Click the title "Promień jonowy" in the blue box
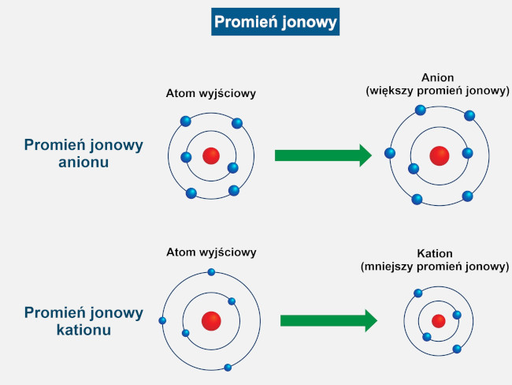(x=275, y=21)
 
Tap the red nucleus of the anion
(x=439, y=155)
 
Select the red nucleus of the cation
(x=439, y=320)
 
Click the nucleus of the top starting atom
(x=211, y=155)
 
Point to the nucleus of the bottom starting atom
(x=211, y=320)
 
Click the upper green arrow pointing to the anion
(x=322, y=155)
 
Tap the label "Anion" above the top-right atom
(x=438, y=78)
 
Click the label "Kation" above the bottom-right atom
(x=435, y=254)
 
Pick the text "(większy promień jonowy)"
(x=438, y=91)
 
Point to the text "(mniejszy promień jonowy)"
(x=435, y=267)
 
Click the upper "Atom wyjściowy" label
(x=210, y=93)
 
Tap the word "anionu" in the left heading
(x=83, y=163)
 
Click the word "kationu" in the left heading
(x=83, y=330)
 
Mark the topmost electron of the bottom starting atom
(x=211, y=272)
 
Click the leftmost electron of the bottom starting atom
(x=162, y=320)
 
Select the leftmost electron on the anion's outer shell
(x=389, y=152)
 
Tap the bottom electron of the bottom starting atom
(x=228, y=367)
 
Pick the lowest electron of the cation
(x=457, y=348)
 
